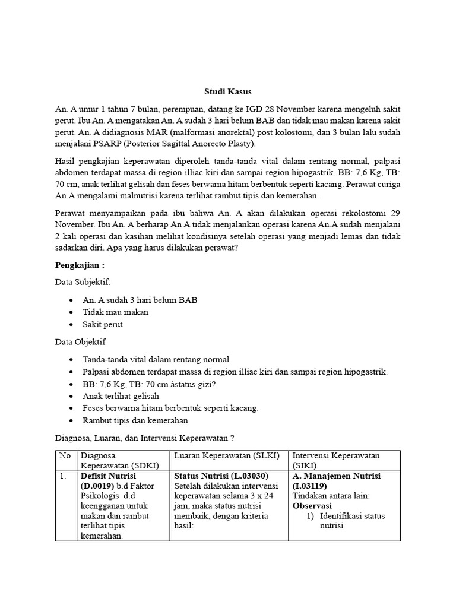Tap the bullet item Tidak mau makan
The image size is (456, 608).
click(x=116, y=312)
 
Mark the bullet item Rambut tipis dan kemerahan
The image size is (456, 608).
click(x=135, y=420)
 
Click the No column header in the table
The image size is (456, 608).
click(x=65, y=455)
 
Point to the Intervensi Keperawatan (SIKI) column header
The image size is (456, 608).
click(x=336, y=460)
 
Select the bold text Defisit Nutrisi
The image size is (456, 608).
click(x=109, y=476)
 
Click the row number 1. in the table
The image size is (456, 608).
click(x=63, y=476)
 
